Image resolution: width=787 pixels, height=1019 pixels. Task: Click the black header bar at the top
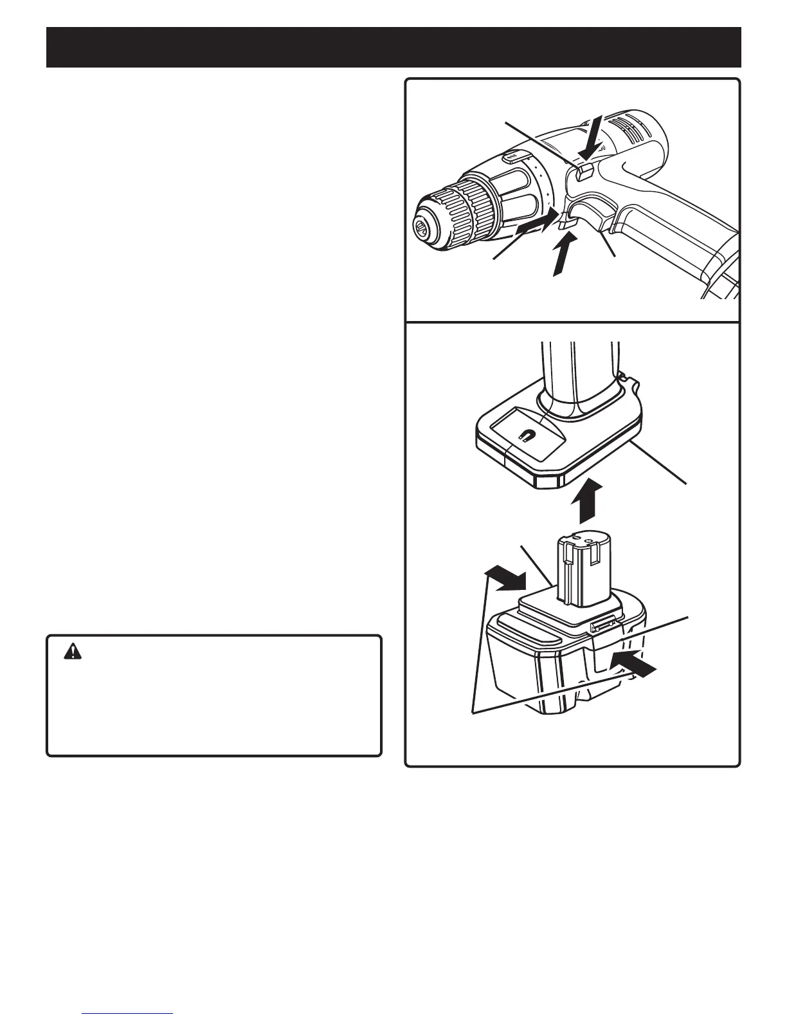coord(394,47)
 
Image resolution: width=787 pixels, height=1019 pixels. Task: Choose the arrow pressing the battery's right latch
coord(635,664)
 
